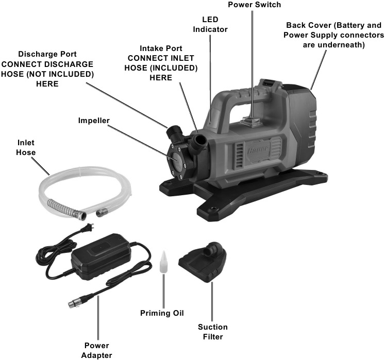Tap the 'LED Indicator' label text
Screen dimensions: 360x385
click(x=210, y=24)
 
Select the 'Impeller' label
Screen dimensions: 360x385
click(x=94, y=121)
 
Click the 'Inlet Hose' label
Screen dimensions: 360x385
click(x=26, y=147)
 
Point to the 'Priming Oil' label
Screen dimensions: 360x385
click(x=162, y=313)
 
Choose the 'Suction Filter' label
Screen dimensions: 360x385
click(x=212, y=332)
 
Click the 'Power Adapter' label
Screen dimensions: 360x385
click(x=97, y=350)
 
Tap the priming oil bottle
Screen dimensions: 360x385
click(x=164, y=263)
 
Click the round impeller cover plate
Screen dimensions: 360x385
click(x=178, y=160)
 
